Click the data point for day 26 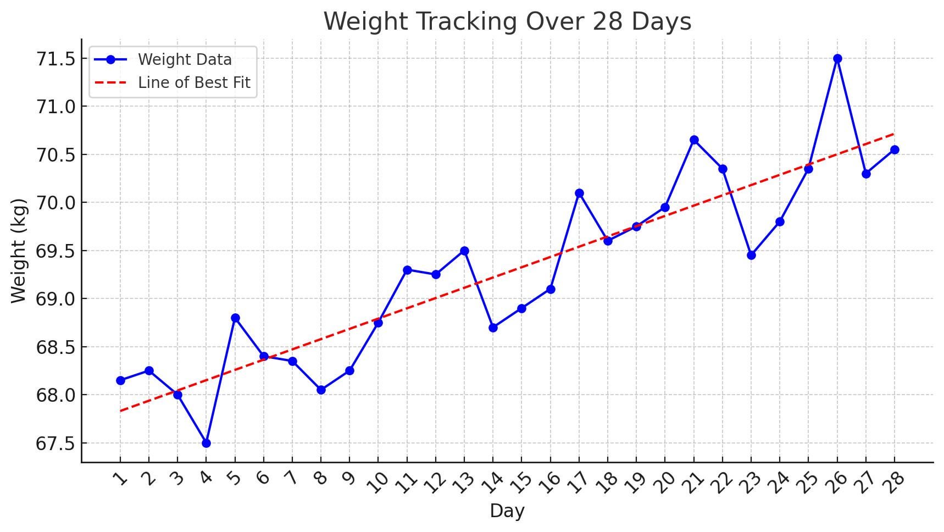pyautogui.click(x=837, y=58)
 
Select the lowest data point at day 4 pyautogui.click(x=206, y=443)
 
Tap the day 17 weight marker pyautogui.click(x=579, y=193)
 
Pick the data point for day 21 pyautogui.click(x=694, y=140)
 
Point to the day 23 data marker pyautogui.click(x=751, y=255)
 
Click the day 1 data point pyautogui.click(x=120, y=380)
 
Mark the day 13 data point pyautogui.click(x=464, y=251)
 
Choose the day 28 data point pyautogui.click(x=895, y=149)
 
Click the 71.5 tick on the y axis pyautogui.click(x=55, y=59)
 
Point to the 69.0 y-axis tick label pyautogui.click(x=55, y=299)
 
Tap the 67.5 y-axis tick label pyautogui.click(x=55, y=444)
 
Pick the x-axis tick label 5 pyautogui.click(x=234, y=479)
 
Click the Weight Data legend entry pyautogui.click(x=185, y=59)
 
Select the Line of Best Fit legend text pyautogui.click(x=194, y=82)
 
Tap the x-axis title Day pyautogui.click(x=507, y=511)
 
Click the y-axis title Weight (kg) pyautogui.click(x=19, y=251)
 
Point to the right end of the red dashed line pyautogui.click(x=894, y=134)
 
